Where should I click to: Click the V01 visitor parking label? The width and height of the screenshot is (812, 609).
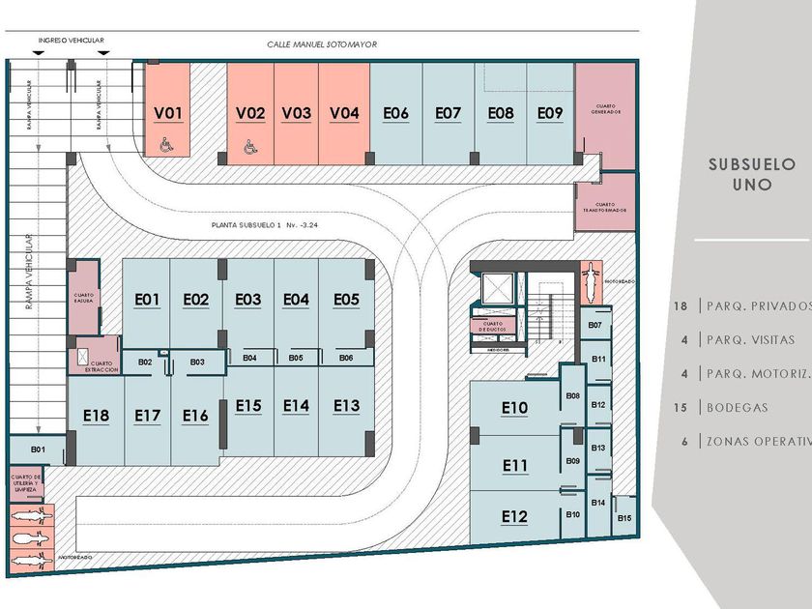click(168, 113)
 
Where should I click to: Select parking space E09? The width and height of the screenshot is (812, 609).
click(550, 113)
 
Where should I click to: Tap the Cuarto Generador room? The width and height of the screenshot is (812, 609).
click(606, 111)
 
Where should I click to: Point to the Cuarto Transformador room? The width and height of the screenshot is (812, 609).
click(606, 205)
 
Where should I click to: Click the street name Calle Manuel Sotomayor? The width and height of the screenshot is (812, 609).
click(322, 44)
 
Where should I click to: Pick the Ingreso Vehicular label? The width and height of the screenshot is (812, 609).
click(71, 41)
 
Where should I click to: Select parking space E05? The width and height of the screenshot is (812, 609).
click(346, 300)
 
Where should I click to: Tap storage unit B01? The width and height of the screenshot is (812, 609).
click(39, 449)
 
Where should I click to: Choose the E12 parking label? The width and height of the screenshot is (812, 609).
click(514, 517)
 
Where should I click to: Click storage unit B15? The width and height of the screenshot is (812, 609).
click(624, 519)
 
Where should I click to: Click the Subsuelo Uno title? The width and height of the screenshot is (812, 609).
click(751, 173)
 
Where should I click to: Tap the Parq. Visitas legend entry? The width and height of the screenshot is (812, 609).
click(750, 339)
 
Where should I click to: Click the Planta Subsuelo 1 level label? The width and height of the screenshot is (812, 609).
click(260, 225)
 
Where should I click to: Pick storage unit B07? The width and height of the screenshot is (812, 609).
click(595, 325)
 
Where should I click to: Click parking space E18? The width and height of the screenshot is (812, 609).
click(96, 416)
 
